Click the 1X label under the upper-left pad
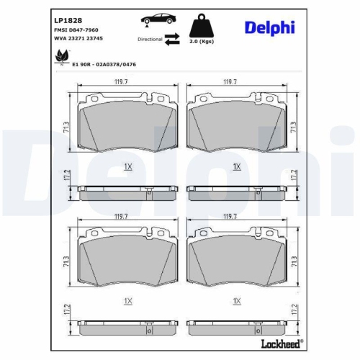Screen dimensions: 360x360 127,166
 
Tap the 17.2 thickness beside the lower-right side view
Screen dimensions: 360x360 294,310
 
